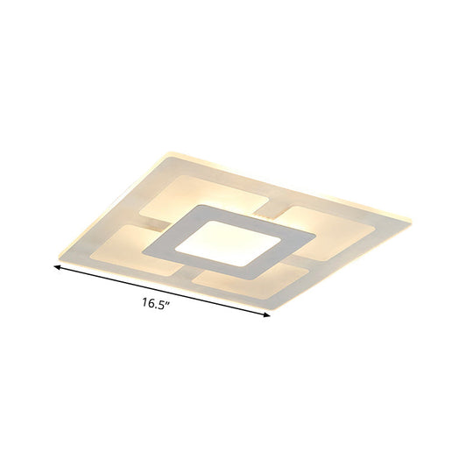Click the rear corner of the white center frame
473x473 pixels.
(x=203, y=204)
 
